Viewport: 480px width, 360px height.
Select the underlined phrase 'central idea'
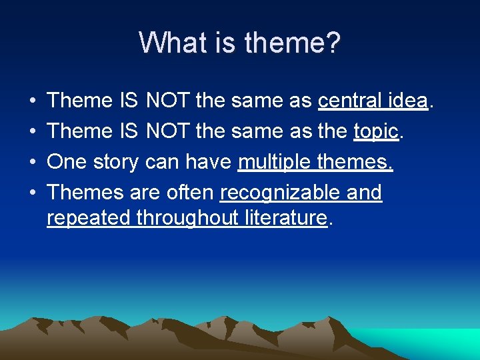coord(373,101)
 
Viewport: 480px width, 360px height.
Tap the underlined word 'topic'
coord(376,131)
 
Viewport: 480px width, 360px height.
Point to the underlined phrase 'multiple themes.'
coord(315,162)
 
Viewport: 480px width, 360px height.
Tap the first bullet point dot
coord(33,101)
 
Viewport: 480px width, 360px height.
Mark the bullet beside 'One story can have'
coord(33,163)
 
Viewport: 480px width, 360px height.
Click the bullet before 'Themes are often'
coord(33,193)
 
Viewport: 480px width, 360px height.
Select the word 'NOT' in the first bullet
coord(168,101)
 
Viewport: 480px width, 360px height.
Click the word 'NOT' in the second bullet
coord(168,131)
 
